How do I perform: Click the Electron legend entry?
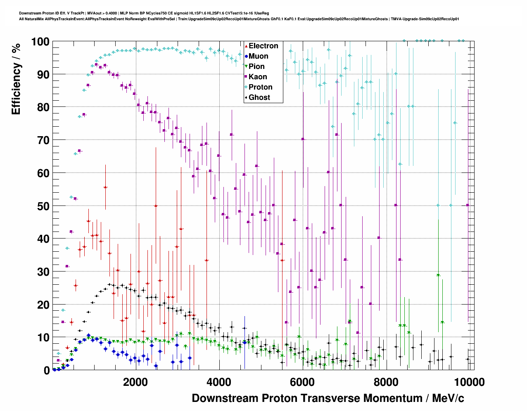pos(263,46)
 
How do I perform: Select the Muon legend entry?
pos(258,56)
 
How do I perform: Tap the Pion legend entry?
pos(256,66)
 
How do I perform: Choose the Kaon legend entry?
pos(258,77)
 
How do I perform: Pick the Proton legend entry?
pos(260,87)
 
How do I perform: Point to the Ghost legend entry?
pos(259,97)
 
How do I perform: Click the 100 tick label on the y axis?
pos(40,42)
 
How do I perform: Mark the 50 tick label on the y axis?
pos(43,206)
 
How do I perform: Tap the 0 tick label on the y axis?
pos(47,370)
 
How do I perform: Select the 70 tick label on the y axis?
pos(43,140)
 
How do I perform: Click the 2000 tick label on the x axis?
pos(135,382)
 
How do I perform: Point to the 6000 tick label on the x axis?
pos(303,382)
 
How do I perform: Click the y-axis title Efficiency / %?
pos(16,79)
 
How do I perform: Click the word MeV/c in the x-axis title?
pos(448,398)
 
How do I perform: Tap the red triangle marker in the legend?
pos(246,46)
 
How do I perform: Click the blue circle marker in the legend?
pos(246,56)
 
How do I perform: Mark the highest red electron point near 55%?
pos(105,187)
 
